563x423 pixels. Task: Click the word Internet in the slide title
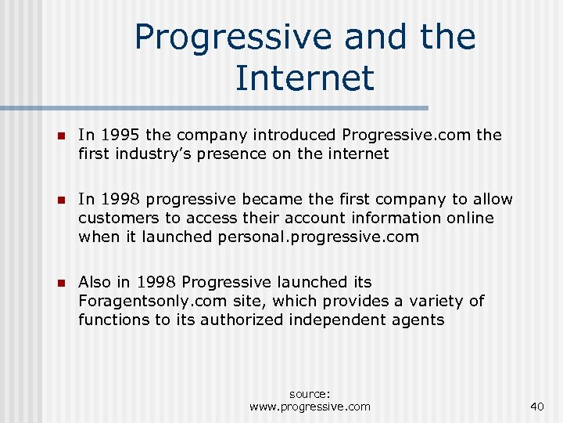(x=304, y=78)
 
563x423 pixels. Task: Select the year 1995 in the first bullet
(x=119, y=135)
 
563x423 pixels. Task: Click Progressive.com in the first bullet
(x=407, y=135)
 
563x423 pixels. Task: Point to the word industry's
(x=149, y=154)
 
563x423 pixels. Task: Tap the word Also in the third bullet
(x=95, y=282)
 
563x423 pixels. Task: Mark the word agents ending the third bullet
(x=419, y=320)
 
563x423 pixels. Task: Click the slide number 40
(x=536, y=406)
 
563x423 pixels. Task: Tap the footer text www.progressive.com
(x=310, y=406)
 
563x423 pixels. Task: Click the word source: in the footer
(x=310, y=394)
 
